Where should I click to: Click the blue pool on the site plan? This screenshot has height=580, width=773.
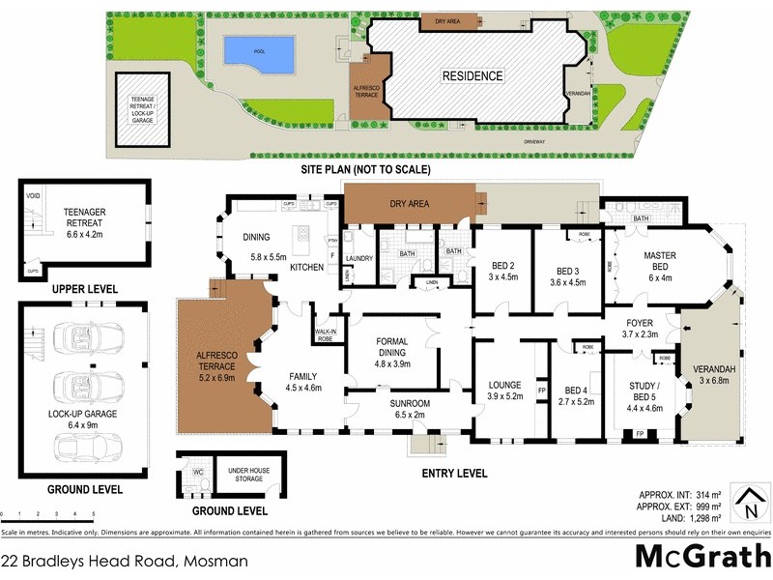[258, 53]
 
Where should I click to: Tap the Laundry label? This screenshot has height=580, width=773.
[358, 258]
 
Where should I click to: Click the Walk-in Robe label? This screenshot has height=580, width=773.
[326, 335]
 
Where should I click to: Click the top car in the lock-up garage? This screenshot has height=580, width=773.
[87, 334]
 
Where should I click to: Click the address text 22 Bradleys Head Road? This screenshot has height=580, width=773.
[126, 560]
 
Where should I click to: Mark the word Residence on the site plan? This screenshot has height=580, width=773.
[472, 75]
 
